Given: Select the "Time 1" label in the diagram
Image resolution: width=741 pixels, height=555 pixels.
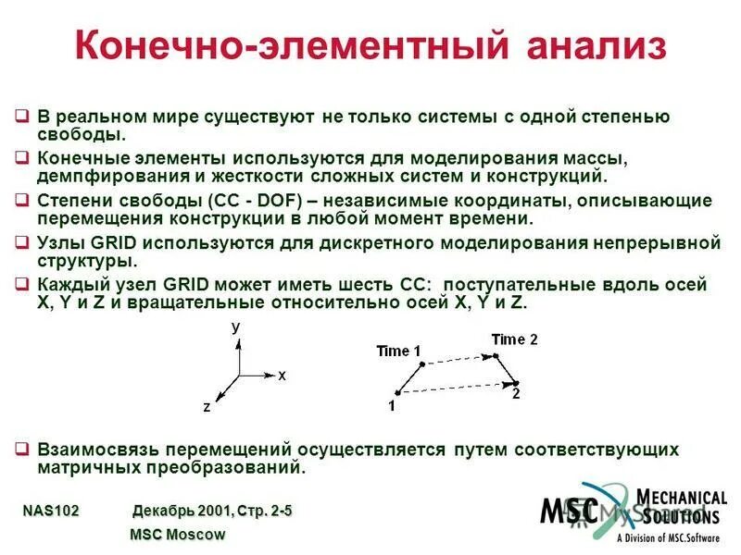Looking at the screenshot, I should tap(398, 351).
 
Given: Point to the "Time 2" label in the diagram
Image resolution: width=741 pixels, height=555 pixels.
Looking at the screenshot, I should tap(514, 339).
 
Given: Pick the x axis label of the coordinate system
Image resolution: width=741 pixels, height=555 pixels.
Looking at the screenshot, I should tap(282, 376).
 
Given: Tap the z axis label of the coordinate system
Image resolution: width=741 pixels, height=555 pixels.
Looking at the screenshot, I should tap(207, 406).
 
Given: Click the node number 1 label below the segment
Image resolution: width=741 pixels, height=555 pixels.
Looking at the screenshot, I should tap(392, 405).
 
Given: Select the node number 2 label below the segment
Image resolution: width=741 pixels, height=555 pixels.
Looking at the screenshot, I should tap(516, 393).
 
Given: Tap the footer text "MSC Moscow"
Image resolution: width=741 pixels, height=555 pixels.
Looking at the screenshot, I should tap(177, 535).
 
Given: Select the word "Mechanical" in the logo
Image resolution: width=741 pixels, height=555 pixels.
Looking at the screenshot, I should tap(682, 499).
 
